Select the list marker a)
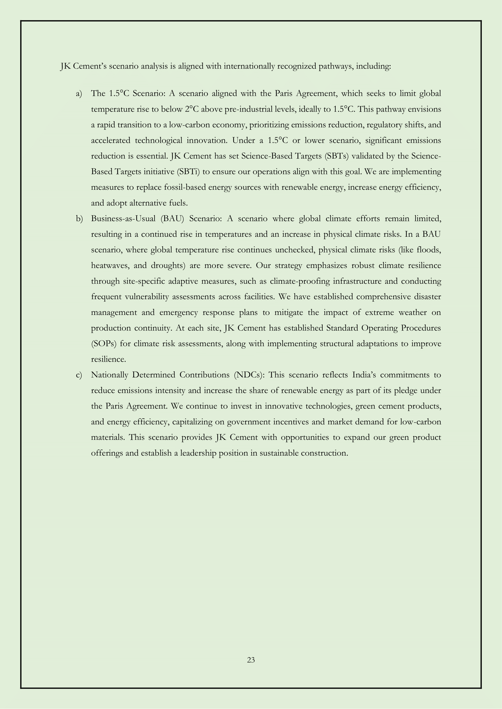79,94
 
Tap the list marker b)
80,219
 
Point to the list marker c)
79,375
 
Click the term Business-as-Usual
123,219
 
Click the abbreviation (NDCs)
249,375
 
